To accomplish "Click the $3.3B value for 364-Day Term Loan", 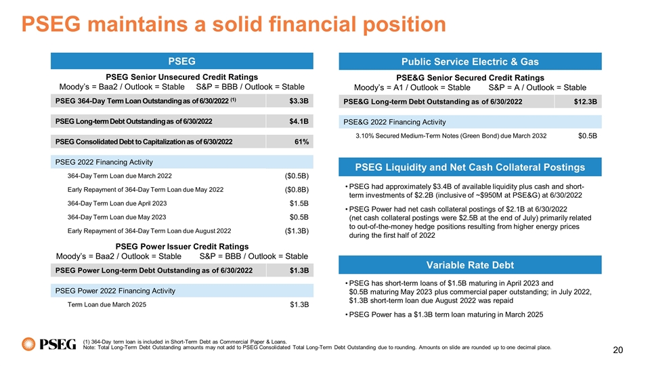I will (x=299, y=102).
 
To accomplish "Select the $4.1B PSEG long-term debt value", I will (x=299, y=122).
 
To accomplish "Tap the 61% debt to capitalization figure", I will (x=302, y=142).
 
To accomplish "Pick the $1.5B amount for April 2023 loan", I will (x=299, y=203).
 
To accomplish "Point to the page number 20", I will (x=617, y=350).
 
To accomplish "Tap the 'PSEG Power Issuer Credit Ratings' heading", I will (x=182, y=246).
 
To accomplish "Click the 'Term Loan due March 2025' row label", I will (x=106, y=305).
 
